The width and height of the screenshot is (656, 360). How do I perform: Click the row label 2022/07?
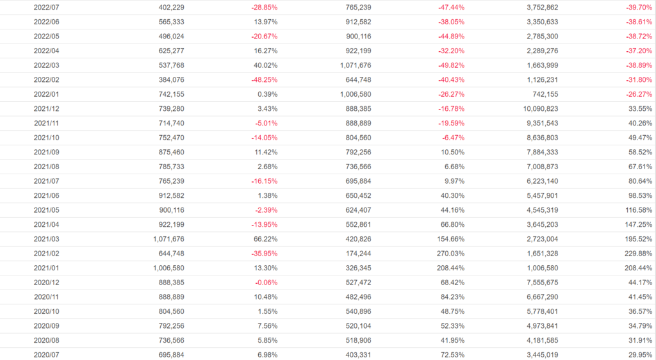(47, 7)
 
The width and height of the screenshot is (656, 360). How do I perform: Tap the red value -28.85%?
(264, 7)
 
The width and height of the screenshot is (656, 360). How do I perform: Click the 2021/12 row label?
(47, 108)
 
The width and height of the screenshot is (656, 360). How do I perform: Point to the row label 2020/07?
(47, 354)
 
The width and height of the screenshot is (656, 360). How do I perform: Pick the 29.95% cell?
(639, 354)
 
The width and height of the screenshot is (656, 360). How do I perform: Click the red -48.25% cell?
(264, 79)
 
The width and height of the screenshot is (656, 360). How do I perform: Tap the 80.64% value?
(639, 181)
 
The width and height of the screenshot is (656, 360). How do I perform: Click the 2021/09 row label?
(47, 152)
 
